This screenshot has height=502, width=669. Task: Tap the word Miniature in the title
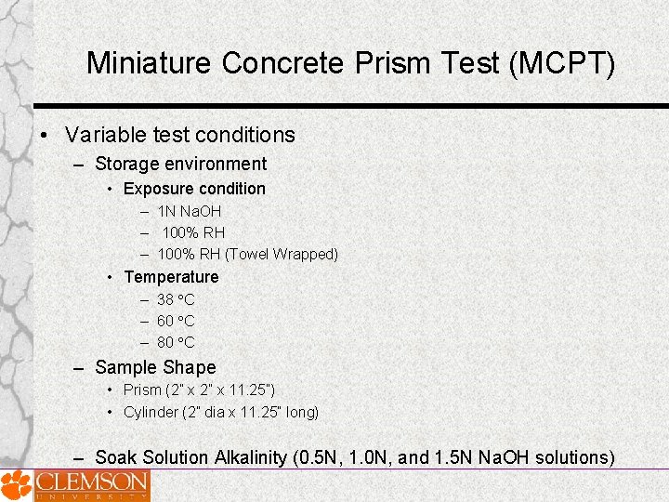pos(149,63)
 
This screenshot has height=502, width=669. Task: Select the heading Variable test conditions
pos(180,135)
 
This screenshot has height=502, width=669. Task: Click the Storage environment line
pos(180,165)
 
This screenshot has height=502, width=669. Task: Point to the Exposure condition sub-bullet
pos(194,189)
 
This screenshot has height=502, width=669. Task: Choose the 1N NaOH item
pos(190,211)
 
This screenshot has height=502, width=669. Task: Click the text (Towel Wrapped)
pos(282,254)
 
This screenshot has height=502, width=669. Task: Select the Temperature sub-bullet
pos(171,277)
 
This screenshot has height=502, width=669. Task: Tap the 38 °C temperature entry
pos(176,299)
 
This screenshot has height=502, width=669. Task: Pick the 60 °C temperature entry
pos(176,321)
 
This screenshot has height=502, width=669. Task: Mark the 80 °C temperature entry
pos(176,342)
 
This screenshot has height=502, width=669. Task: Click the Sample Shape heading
pos(155,367)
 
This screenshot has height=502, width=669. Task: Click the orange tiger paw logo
pos(16,485)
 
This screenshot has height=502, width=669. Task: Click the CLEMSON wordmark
pos(91,482)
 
